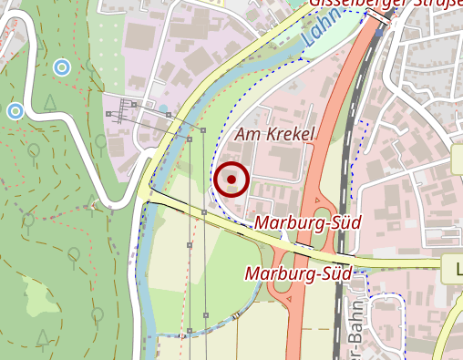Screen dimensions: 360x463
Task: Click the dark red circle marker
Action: pos(231,180)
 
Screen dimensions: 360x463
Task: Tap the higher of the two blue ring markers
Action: pos(61,67)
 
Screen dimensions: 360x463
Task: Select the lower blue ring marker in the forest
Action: pos(15,111)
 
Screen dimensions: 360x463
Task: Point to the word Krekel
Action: pos(288,135)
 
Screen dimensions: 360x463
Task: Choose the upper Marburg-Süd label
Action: pos(308,222)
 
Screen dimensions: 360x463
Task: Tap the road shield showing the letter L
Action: pos(453,268)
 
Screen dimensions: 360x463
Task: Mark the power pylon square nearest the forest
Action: pos(108,114)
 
